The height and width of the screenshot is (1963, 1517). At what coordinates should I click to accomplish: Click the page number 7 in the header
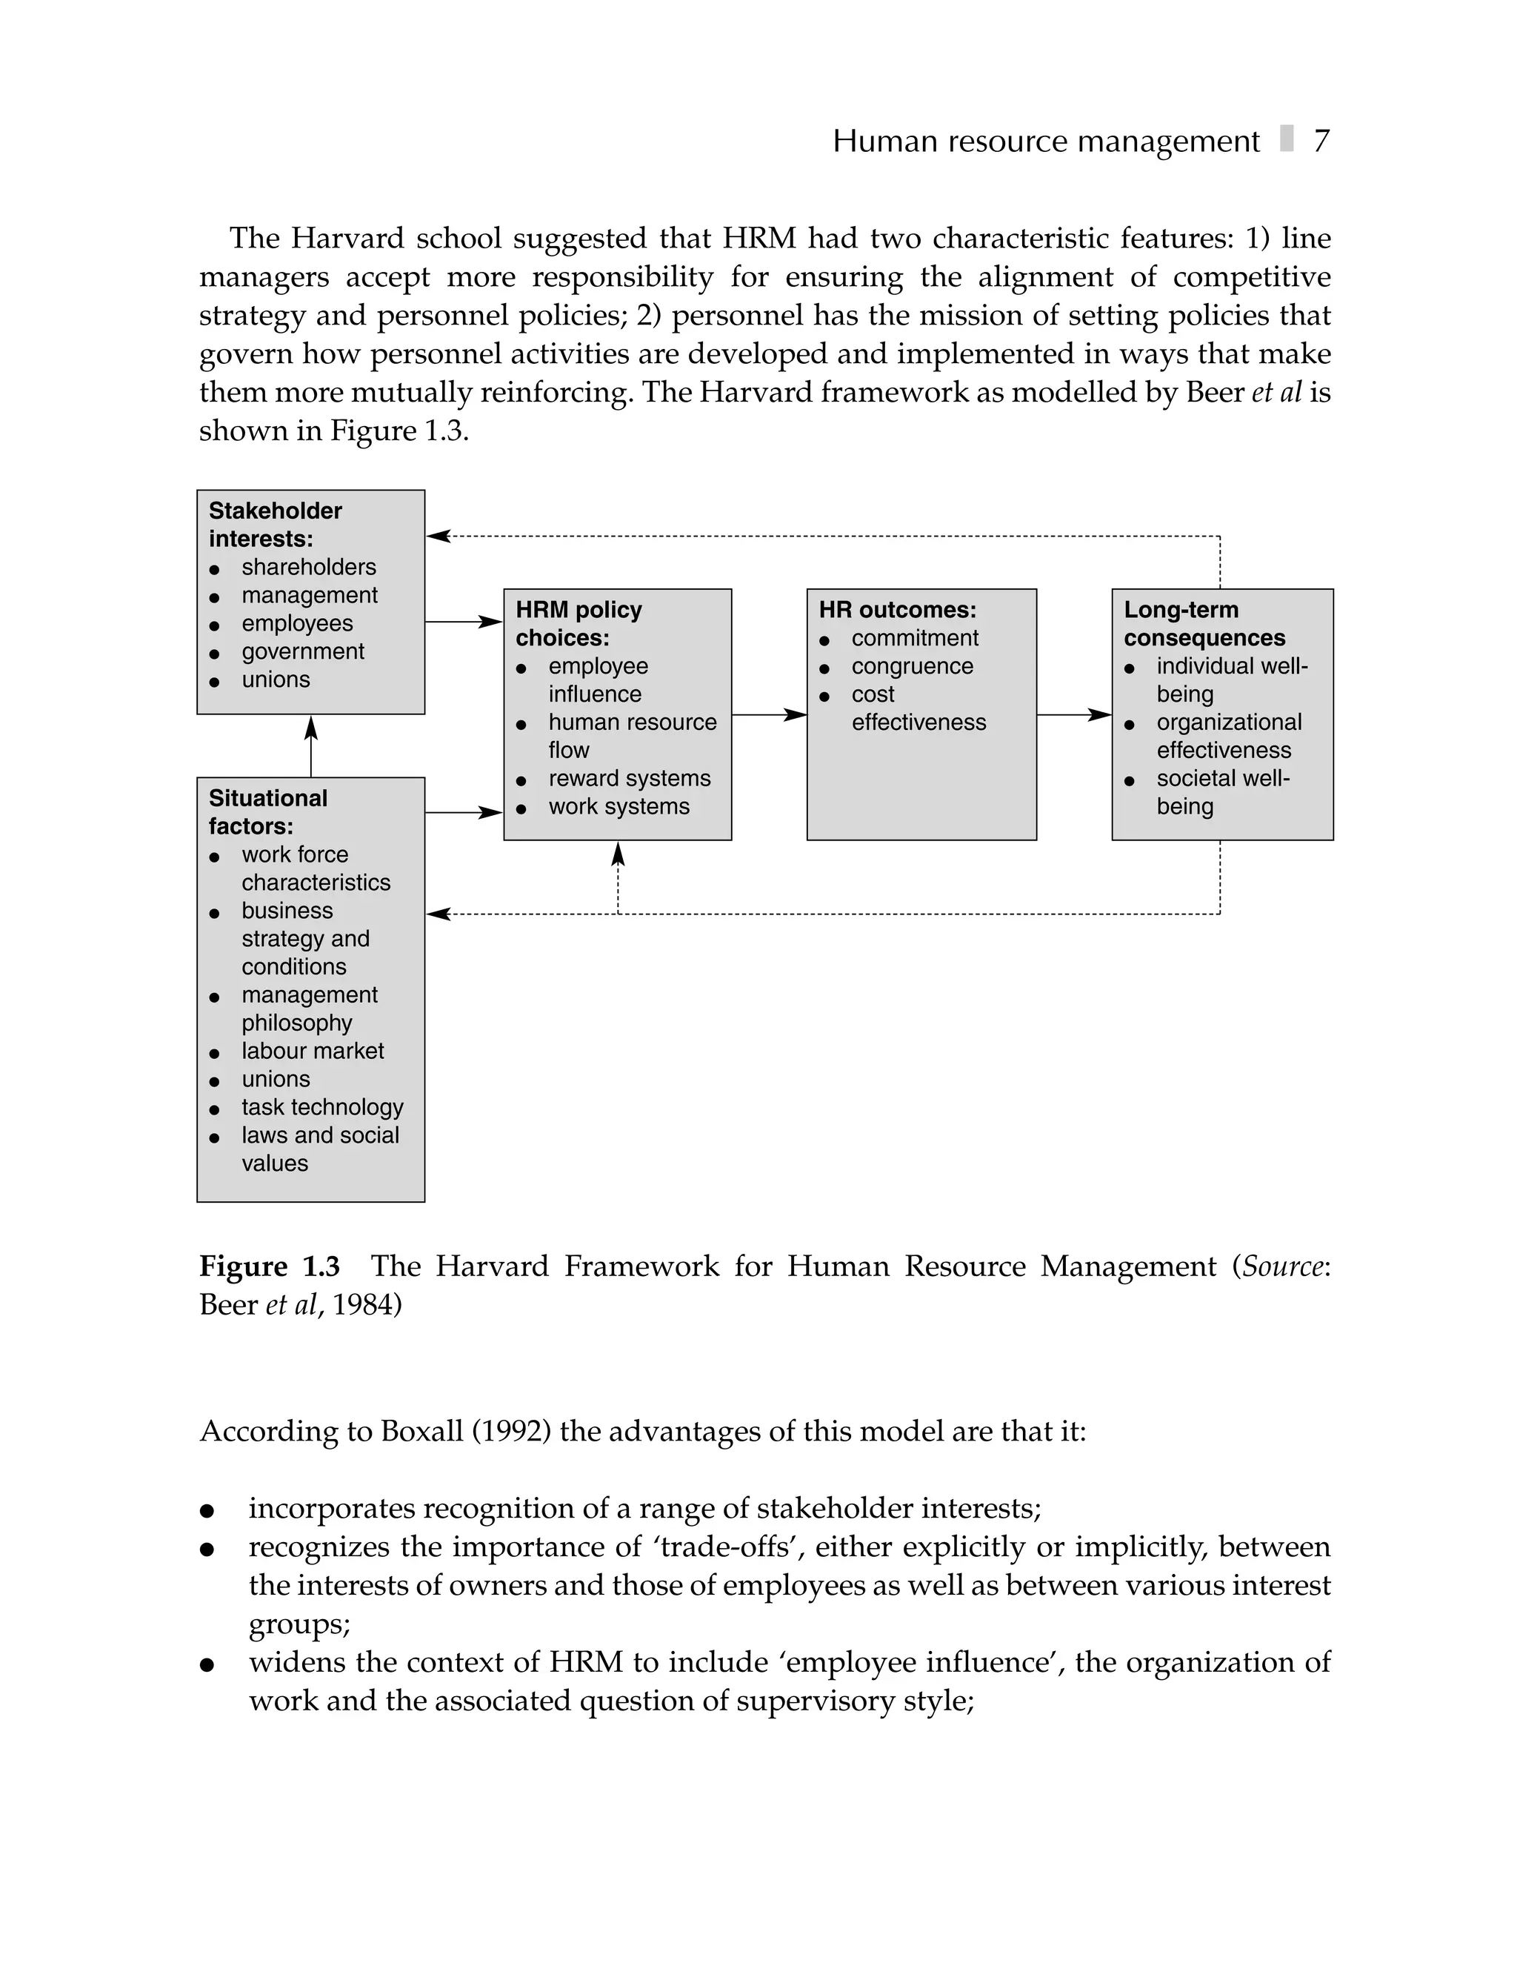click(x=1320, y=141)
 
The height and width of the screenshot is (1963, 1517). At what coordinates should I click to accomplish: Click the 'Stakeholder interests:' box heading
click(x=275, y=524)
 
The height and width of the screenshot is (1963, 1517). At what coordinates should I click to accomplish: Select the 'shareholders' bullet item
click(x=308, y=567)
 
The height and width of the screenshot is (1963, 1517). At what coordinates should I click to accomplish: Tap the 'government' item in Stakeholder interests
click(x=303, y=651)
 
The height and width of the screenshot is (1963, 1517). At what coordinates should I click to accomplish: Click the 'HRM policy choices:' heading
click(x=578, y=623)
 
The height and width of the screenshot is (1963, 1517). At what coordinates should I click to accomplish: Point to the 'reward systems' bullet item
click(x=629, y=778)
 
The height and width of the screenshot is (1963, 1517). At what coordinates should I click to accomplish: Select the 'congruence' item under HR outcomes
click(x=911, y=666)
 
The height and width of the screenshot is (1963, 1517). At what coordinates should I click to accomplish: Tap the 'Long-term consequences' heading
click(x=1204, y=623)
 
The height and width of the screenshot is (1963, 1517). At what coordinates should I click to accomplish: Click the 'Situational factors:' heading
click(x=268, y=811)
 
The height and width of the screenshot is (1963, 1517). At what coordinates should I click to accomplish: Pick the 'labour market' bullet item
click(x=312, y=1051)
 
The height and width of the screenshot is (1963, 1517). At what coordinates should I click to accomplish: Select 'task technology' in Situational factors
click(x=321, y=1107)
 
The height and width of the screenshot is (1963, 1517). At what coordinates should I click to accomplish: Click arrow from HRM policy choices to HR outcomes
click(x=770, y=714)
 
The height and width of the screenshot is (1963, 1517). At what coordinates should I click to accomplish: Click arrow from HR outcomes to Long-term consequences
click(x=1074, y=714)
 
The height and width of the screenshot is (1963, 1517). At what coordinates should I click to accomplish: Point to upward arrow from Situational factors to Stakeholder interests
click(x=311, y=745)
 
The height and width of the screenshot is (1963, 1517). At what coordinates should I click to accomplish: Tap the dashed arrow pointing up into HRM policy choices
click(x=619, y=877)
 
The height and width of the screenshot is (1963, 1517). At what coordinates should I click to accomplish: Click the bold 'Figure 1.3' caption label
click(x=270, y=1266)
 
